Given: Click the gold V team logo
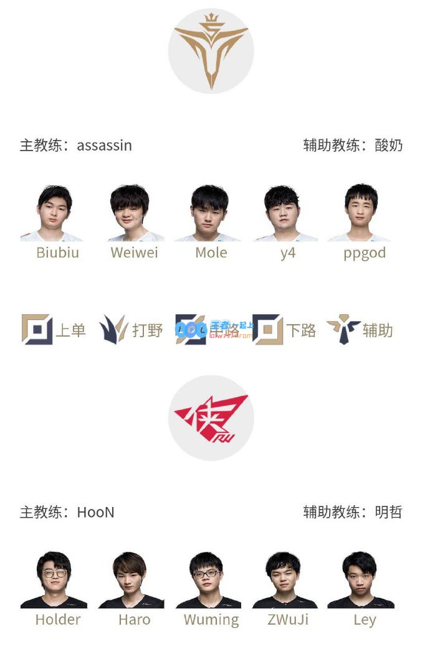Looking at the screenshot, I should [x=211, y=51].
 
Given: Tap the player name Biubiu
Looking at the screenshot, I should [x=58, y=253].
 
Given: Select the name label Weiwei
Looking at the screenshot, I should [x=134, y=253].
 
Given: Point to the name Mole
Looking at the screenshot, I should [x=211, y=253].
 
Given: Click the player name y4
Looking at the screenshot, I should [x=287, y=253].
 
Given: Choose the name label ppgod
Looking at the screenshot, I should [x=365, y=253].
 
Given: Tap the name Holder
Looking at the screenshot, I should [x=58, y=620].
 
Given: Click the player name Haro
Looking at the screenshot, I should [x=134, y=620].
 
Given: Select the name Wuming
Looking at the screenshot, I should [x=211, y=620].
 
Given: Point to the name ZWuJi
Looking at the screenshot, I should [x=287, y=620].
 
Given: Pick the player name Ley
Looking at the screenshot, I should [x=365, y=620].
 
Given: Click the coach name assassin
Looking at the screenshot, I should [x=104, y=146].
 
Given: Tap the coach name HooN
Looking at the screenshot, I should [x=95, y=513].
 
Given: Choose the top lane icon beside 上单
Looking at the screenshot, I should [x=37, y=330].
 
